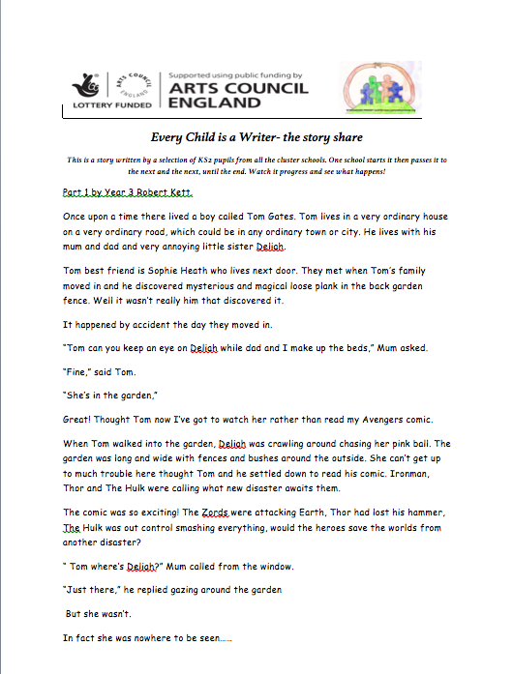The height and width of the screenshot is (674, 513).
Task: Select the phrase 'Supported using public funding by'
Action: pos(236,74)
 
